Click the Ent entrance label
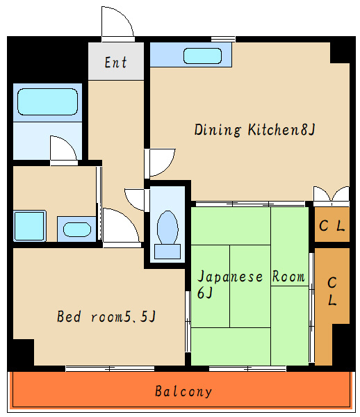coord(115,63)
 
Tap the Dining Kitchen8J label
coord(255,130)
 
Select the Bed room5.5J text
coord(106,316)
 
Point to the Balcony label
coord(183,391)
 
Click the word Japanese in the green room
coord(230,277)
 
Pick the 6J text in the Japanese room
coord(205,293)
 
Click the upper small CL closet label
coord(332,226)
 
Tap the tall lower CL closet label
coord(332,291)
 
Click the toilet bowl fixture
coord(167,227)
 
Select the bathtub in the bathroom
coord(47,102)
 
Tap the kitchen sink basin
coord(203,56)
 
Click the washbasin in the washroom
coord(77,230)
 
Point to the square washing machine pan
coord(29,226)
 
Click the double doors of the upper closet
coord(332,194)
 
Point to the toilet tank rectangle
coord(167,252)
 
